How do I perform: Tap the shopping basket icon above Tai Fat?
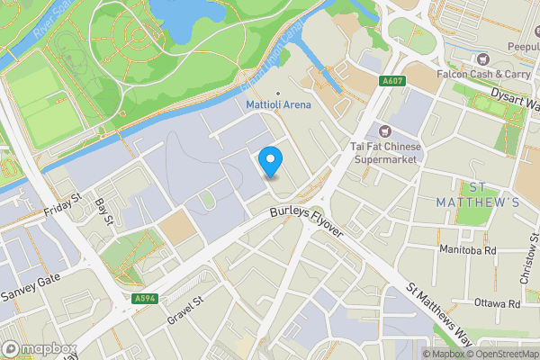[x=387, y=131]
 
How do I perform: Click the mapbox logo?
[x=39, y=348]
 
